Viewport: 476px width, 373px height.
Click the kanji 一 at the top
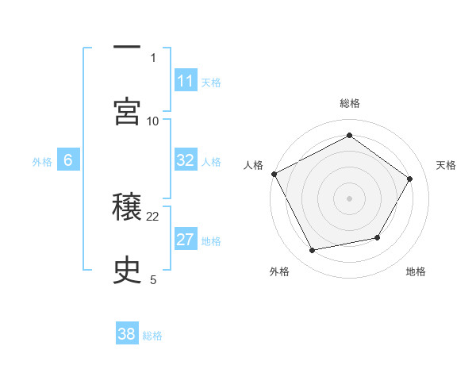click(x=127, y=48)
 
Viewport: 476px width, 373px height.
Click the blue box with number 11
click(x=185, y=81)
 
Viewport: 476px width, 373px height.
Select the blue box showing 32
click(x=185, y=160)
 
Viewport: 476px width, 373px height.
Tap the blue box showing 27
click(x=185, y=240)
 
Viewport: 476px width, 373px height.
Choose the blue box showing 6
click(x=68, y=160)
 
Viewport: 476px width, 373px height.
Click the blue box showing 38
click(x=127, y=334)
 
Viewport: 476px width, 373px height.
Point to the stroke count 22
click(x=154, y=216)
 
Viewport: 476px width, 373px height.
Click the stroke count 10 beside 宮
click(x=154, y=121)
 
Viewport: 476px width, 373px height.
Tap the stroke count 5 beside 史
click(x=153, y=279)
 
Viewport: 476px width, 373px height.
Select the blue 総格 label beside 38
click(x=152, y=336)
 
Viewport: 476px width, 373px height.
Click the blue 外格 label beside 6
click(x=42, y=162)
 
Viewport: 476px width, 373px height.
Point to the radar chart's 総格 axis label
click(x=350, y=103)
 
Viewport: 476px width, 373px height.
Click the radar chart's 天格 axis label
click(x=446, y=165)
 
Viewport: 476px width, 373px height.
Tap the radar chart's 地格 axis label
click(x=416, y=272)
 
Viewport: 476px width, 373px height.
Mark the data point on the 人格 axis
click(x=274, y=174)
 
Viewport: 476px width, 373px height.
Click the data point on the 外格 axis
click(x=312, y=251)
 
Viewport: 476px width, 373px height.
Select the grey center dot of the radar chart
click(x=350, y=198)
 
